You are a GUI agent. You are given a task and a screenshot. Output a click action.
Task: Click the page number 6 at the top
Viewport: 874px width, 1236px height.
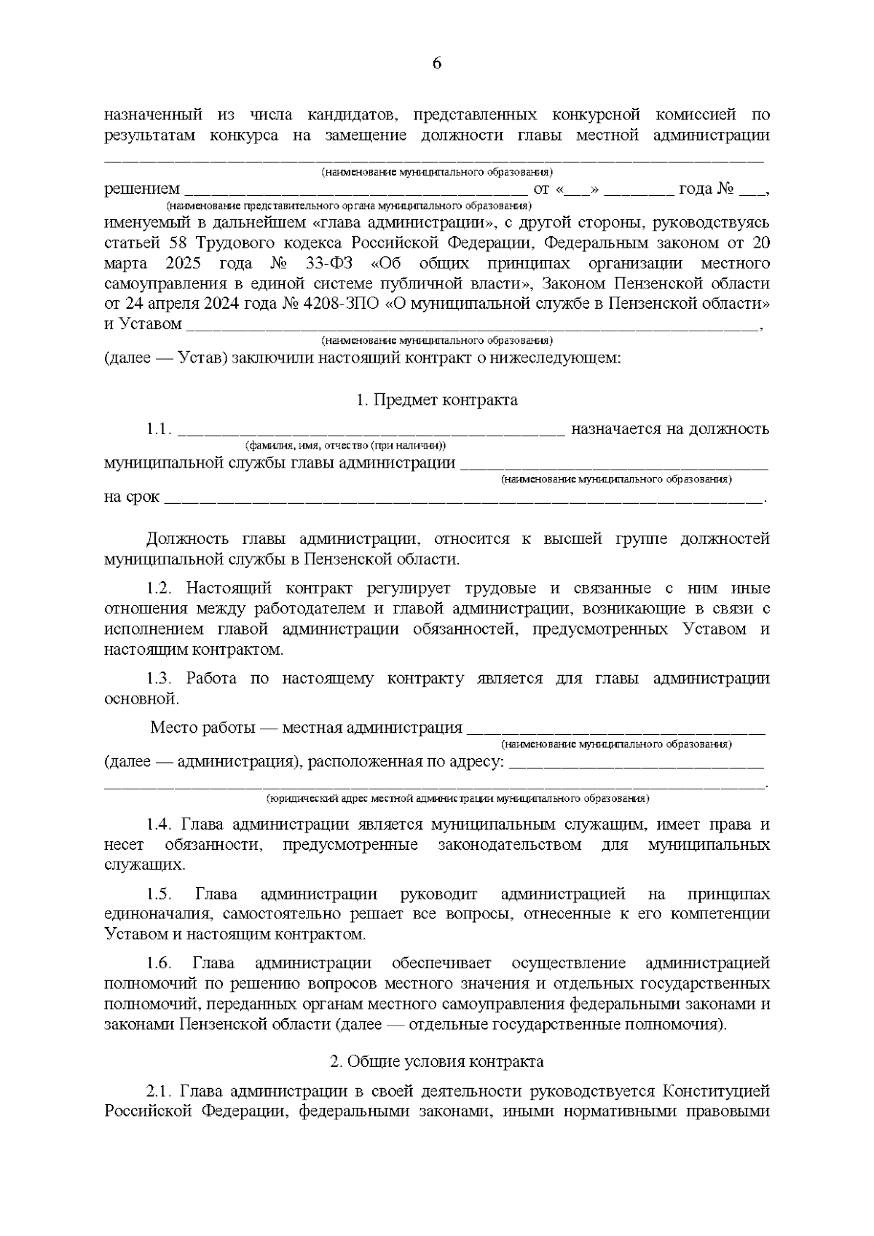pyautogui.click(x=437, y=63)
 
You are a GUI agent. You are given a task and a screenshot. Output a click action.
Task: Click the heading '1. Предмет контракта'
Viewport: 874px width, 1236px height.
pyautogui.click(x=437, y=400)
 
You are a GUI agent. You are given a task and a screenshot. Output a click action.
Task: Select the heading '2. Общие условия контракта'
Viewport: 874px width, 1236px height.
pyautogui.click(x=437, y=1062)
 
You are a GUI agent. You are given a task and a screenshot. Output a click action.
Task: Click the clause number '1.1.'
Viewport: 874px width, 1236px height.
pyautogui.click(x=159, y=429)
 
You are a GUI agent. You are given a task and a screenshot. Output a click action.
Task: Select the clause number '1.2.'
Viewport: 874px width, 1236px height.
pyautogui.click(x=159, y=589)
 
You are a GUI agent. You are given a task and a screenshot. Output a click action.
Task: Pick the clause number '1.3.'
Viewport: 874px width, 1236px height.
pyautogui.click(x=159, y=679)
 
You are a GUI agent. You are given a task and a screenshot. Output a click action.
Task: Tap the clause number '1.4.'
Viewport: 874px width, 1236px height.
pyautogui.click(x=159, y=824)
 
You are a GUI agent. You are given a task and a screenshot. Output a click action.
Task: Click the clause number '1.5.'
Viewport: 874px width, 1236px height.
pyautogui.click(x=159, y=894)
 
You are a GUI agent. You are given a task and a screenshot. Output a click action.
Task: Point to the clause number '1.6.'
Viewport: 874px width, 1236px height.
pyautogui.click(x=159, y=964)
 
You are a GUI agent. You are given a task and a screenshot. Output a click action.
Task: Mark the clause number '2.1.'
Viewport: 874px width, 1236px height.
pyautogui.click(x=159, y=1092)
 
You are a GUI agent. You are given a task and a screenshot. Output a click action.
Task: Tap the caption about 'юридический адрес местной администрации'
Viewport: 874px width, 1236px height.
pyautogui.click(x=458, y=798)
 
